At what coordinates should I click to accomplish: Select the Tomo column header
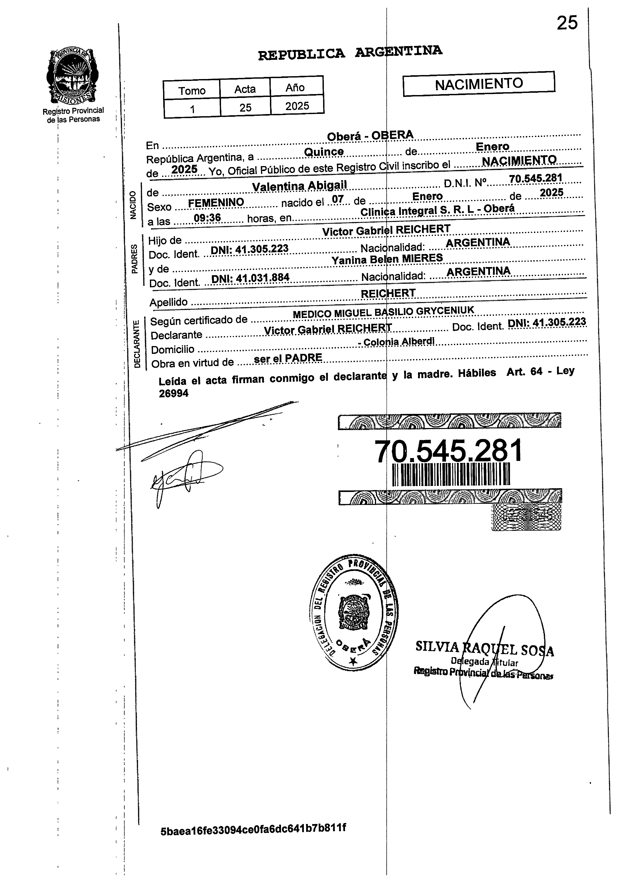tap(192, 90)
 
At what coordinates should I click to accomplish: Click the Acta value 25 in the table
tap(245, 107)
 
